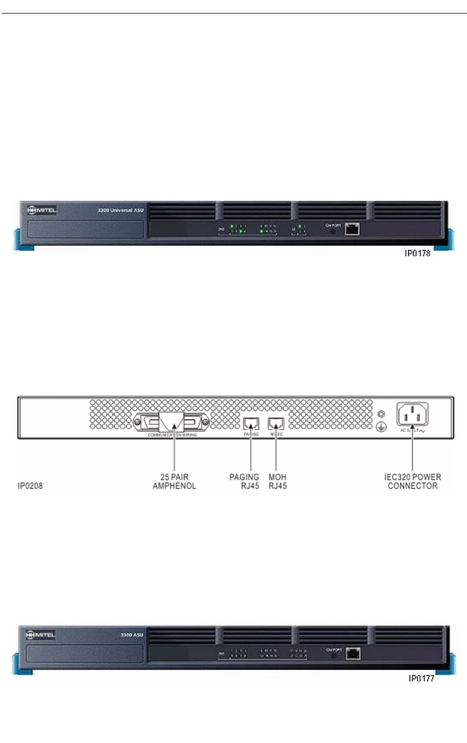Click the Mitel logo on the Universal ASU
42,210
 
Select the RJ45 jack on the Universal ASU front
352,228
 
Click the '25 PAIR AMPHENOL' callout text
174,481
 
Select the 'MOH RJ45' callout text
277,481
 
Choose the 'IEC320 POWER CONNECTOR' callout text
413,481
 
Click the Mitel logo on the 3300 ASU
42,636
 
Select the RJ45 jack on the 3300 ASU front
352,652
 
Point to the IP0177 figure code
421,679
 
